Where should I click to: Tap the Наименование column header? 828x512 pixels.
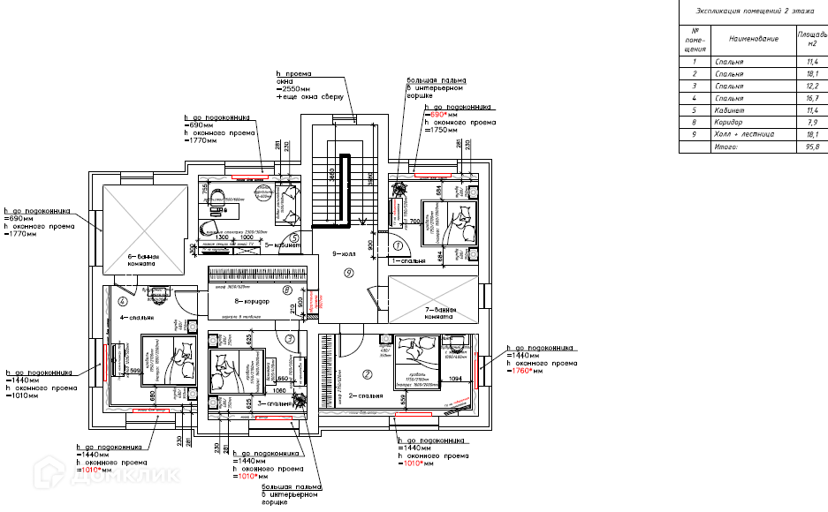click(754, 40)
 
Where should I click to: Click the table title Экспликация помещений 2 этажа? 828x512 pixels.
click(754, 11)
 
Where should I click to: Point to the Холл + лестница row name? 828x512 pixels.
click(746, 135)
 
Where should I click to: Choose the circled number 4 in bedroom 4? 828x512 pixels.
click(134, 301)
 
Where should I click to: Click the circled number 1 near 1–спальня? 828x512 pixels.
click(399, 245)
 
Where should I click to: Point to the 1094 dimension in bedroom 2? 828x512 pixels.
click(455, 379)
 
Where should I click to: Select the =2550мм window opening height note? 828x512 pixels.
click(293, 89)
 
